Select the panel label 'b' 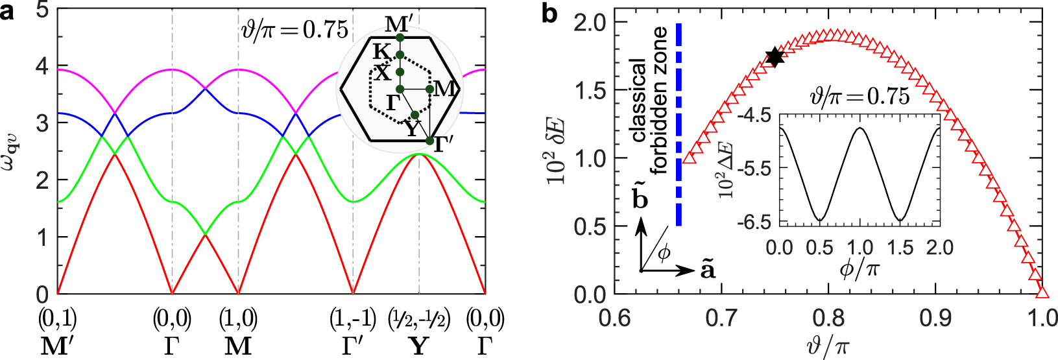[x=549, y=14]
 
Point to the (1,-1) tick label [x=353, y=320]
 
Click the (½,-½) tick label [x=419, y=320]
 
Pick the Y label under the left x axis [x=419, y=346]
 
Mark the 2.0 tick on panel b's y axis [x=590, y=23]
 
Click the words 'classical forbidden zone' [x=648, y=101]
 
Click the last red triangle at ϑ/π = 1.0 [x=1041, y=291]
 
